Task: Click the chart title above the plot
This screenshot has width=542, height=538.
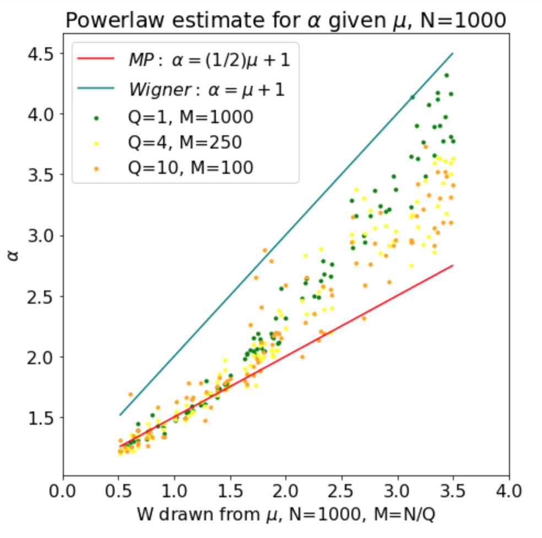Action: point(286,20)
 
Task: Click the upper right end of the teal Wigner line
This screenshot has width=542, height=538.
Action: point(453,53)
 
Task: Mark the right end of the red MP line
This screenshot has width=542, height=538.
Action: point(453,266)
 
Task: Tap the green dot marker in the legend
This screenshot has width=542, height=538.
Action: point(97,117)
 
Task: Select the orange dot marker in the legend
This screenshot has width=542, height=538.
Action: point(97,168)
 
